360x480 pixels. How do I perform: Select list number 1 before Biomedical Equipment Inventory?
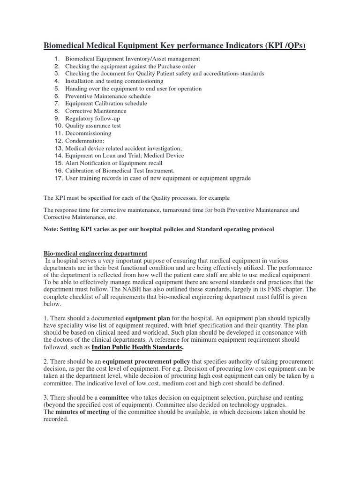pyautogui.click(x=57, y=59)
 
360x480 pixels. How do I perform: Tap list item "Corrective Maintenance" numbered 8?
pyautogui.click(x=96, y=111)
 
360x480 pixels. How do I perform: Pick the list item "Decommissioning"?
pyautogui.click(x=88, y=133)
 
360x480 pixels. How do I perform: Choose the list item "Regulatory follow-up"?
pyautogui.click(x=93, y=119)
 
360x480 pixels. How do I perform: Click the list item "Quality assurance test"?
pyautogui.click(x=93, y=126)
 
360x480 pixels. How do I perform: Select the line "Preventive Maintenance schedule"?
pyautogui.click(x=108, y=96)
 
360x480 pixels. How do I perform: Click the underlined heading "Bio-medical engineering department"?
pyautogui.click(x=95, y=254)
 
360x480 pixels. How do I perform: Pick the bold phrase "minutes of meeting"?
pyautogui.click(x=82, y=412)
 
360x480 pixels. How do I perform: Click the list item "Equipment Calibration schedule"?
pyautogui.click(x=106, y=104)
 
